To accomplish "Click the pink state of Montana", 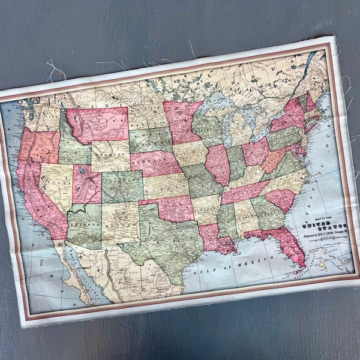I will pyautogui.click(x=99, y=123).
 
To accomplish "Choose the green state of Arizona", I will pyautogui.click(x=84, y=225).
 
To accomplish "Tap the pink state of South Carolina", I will pyautogui.click(x=281, y=199).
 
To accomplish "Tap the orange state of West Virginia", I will pyautogui.click(x=275, y=159).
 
